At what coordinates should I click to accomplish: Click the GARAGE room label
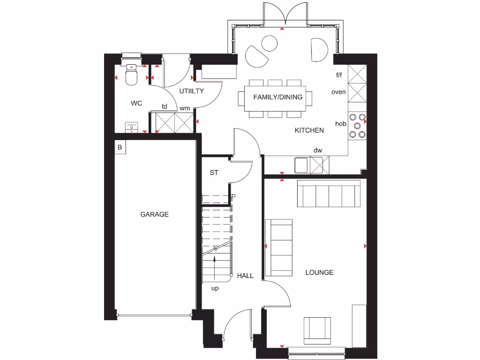pos(154,214)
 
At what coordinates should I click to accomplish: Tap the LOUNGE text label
pos(319,272)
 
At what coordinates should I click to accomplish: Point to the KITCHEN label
pos(309,130)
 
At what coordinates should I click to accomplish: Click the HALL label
pos(245,276)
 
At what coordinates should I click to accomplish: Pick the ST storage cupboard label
pos(214,172)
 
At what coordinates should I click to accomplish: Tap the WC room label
pos(136,103)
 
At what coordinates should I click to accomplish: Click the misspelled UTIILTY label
pos(191,91)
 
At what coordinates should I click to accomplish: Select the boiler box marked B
pos(120,147)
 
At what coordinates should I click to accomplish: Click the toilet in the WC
pos(132,75)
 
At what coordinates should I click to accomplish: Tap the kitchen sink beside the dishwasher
pos(301,165)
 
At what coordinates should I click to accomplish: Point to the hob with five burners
pos(357,126)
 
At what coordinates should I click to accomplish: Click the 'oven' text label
pos(338,92)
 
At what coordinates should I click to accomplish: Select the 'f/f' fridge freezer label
pos(339,75)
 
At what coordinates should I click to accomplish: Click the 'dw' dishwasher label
pos(318,150)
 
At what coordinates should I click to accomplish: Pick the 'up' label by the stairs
pos(215,288)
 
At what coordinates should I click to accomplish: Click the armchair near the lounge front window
pos(317,330)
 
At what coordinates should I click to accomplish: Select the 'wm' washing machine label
pos(185,108)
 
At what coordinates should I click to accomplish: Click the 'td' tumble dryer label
pos(165,106)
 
